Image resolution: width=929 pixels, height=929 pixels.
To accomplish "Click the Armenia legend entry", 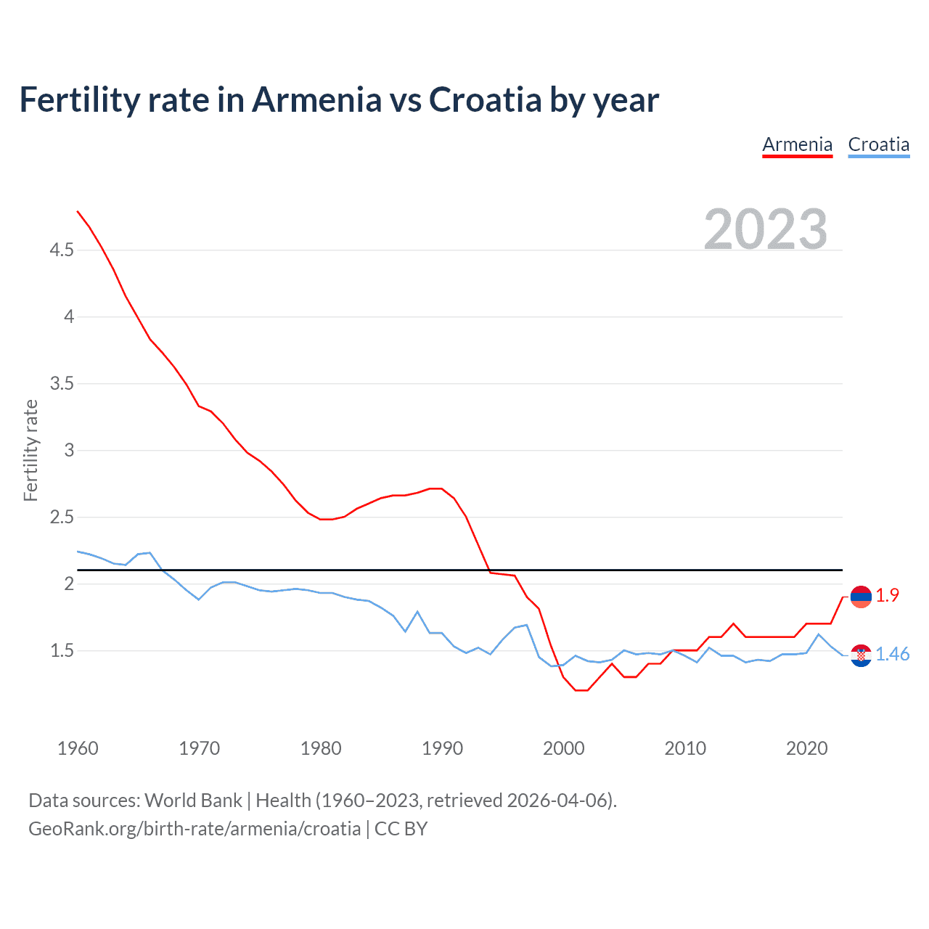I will (x=797, y=144).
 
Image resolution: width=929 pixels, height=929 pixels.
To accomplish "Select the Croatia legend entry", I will (x=878, y=144).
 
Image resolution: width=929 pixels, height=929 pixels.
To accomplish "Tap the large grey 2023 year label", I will (x=766, y=229).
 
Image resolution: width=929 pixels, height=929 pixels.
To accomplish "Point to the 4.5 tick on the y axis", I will (x=62, y=250).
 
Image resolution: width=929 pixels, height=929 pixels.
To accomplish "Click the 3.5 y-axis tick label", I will (x=62, y=384).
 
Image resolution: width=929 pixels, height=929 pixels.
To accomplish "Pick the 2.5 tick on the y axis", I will (x=62, y=517).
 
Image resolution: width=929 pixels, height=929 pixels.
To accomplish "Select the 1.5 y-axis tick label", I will (x=62, y=651).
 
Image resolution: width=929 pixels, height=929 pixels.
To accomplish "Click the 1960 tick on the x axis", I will (x=78, y=748).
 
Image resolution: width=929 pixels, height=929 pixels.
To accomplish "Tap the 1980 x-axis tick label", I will (x=321, y=748).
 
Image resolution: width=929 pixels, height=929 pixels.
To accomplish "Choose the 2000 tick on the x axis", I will (x=564, y=748).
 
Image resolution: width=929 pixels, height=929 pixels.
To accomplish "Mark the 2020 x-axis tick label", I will (x=806, y=748).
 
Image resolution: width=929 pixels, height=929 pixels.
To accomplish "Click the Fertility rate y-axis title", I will (x=30, y=450).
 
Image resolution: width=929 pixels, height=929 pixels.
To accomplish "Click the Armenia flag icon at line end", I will (x=861, y=597).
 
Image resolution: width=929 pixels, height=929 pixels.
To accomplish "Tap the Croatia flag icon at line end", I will (x=861, y=655).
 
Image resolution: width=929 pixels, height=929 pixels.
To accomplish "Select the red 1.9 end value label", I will (x=887, y=596).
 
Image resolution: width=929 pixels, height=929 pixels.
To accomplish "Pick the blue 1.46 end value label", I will (x=892, y=655).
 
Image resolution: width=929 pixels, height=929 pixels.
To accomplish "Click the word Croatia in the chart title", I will (x=485, y=100).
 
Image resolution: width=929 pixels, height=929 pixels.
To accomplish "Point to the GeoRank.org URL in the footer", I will (x=195, y=829).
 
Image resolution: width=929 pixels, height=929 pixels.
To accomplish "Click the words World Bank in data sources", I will (x=193, y=801).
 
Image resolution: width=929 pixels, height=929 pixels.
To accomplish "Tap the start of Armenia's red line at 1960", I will (x=78, y=211).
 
